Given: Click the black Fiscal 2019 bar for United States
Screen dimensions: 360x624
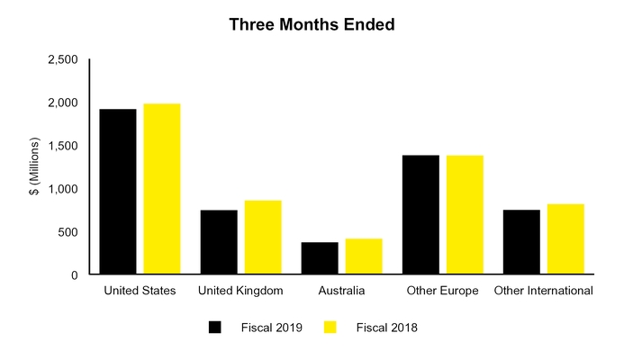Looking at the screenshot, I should (118, 192).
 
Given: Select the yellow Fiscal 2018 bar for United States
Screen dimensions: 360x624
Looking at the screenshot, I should (162, 189).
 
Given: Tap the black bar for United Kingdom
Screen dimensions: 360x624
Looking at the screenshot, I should (219, 242).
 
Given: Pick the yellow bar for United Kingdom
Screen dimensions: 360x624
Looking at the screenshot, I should (263, 238).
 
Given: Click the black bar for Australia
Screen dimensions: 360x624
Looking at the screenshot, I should (320, 258).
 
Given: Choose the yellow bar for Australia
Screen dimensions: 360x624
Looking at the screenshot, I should (364, 256).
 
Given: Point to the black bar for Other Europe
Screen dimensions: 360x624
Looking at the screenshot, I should (421, 215).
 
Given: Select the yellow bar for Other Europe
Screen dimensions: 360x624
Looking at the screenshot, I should (465, 215).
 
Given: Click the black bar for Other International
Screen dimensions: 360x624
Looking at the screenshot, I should (521, 242).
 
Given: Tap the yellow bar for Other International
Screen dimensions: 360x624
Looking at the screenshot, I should (565, 239).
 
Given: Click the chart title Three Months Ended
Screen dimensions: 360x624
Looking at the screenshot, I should (312, 24).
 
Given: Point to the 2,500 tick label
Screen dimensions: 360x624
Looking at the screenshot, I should (62, 59).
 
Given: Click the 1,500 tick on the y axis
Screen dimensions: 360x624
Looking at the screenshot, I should (62, 146).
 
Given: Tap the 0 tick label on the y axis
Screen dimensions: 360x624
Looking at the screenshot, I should (75, 275).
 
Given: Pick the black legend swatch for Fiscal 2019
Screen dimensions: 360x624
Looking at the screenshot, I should (214, 328).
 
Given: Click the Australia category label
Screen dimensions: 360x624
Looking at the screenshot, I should (342, 291).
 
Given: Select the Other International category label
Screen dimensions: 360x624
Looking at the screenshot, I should (543, 291).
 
